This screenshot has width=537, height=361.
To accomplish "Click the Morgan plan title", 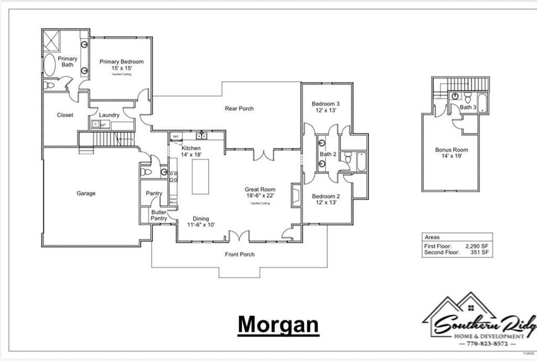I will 278,325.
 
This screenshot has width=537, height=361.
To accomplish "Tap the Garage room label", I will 86,193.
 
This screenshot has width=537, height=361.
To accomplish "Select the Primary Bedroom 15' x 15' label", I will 121,64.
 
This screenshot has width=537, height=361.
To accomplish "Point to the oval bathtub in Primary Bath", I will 49,65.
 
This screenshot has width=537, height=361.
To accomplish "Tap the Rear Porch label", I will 239,108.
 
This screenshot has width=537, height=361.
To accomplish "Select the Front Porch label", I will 240,255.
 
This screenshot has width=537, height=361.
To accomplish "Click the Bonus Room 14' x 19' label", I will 452,153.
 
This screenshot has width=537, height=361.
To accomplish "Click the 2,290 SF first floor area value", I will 477,246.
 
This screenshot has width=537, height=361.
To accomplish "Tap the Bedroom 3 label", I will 326,106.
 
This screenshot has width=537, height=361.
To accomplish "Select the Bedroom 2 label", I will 326,200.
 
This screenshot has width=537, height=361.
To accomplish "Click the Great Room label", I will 260,193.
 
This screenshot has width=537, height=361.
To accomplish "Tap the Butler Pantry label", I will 159,215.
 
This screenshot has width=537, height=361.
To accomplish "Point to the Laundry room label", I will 109,115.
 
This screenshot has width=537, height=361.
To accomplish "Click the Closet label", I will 65,115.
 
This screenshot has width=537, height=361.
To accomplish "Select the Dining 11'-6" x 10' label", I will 200,222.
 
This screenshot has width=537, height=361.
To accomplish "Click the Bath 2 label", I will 328,154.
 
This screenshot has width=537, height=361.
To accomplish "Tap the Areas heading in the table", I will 433,237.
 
